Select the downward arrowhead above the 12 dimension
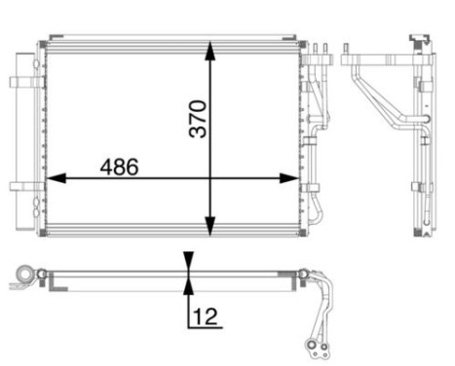point(188,260)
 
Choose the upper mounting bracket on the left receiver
point(26,83)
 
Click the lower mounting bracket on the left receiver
point(26,185)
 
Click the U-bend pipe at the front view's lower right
point(316,209)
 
